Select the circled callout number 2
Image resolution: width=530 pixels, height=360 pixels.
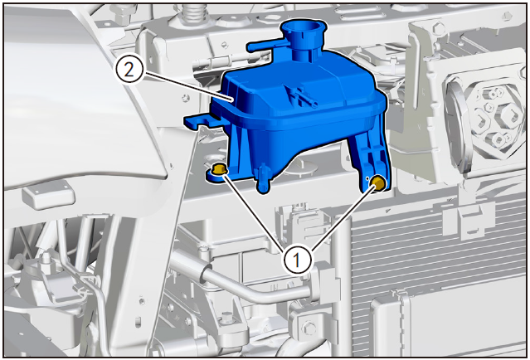click(129, 70)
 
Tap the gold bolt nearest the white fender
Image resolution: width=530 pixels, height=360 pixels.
click(218, 168)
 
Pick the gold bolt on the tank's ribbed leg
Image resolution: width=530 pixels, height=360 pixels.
click(378, 183)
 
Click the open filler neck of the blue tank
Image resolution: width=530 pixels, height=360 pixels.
click(303, 27)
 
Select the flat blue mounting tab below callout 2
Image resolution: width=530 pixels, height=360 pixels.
click(200, 120)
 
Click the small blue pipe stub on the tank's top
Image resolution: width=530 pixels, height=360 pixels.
click(301, 97)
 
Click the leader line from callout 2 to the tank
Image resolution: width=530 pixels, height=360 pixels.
click(188, 85)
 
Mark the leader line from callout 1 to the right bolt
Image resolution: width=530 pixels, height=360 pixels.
click(343, 217)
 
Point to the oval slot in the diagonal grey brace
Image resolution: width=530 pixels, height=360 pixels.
click(138, 323)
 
